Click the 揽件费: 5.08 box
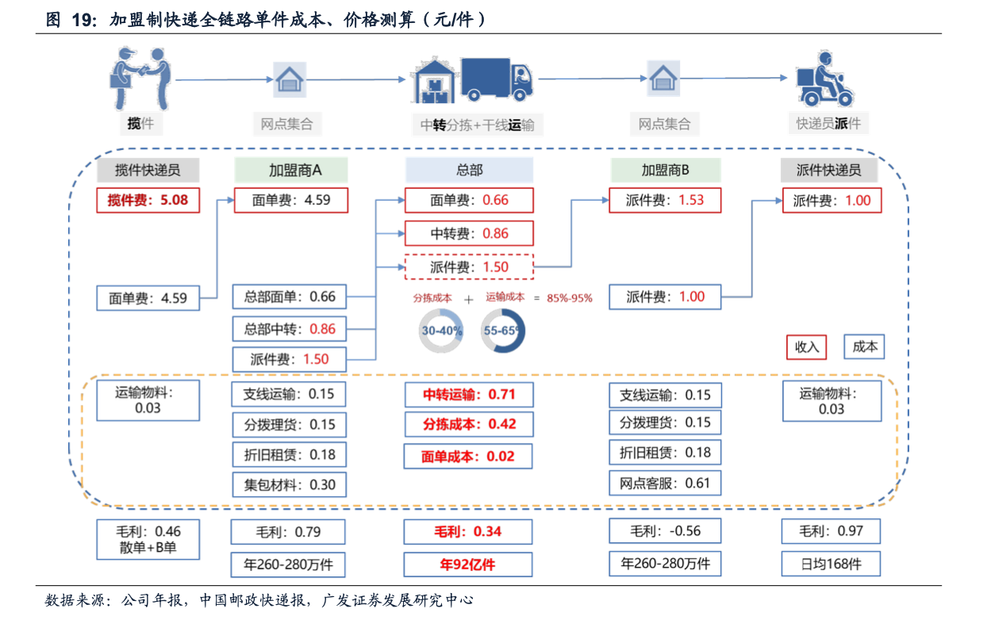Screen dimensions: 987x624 point(148,200)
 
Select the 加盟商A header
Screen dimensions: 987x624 point(291,170)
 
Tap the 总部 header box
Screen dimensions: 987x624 point(469,170)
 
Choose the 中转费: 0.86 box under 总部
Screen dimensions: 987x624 point(469,233)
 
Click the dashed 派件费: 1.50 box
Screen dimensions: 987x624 point(469,267)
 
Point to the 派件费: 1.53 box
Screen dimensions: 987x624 point(665,200)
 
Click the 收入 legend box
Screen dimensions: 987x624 point(806,347)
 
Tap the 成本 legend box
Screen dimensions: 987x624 point(864,347)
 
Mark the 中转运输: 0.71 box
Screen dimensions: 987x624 point(469,395)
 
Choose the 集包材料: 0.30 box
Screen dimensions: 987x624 point(290,484)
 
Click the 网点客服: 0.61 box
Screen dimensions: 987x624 point(665,483)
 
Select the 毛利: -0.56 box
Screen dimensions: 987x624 point(665,531)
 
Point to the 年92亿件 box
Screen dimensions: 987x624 point(468,564)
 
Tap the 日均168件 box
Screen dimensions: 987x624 point(831,564)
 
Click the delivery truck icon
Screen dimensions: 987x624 point(497,79)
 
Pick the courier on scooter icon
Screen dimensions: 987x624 point(825,79)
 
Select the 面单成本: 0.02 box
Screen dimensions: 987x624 point(468,456)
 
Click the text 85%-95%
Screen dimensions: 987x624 point(570,299)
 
